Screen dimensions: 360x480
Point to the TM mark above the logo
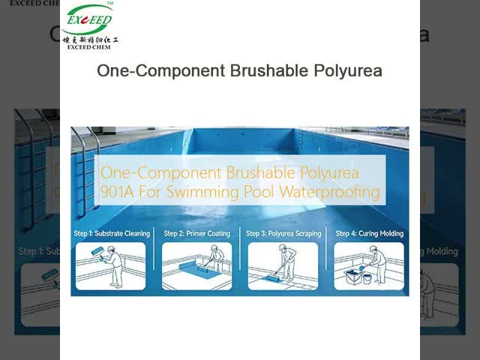point(109,4)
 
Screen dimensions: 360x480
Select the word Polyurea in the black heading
point(350,71)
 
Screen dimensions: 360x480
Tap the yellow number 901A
point(118,192)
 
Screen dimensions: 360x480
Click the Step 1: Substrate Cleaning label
point(112,233)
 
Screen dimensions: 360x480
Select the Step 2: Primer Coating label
point(197,233)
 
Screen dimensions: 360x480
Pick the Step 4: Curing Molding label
point(369,233)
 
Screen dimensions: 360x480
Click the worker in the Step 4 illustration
point(378,262)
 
